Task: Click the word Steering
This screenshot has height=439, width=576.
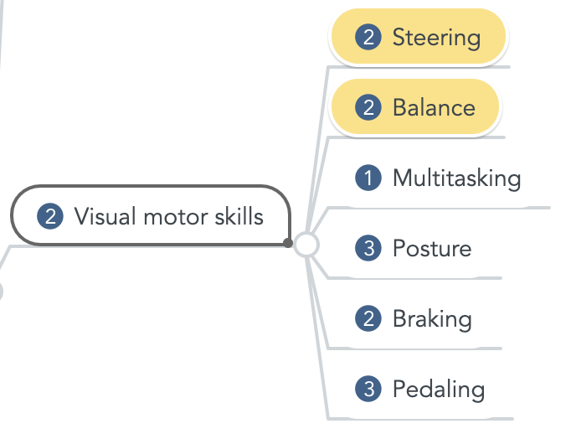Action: tap(436, 38)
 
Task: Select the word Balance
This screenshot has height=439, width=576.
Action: tap(434, 108)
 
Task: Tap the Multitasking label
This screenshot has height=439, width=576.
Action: tap(456, 178)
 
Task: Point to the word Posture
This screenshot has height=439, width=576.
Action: tap(432, 248)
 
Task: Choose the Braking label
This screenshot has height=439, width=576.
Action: tap(432, 318)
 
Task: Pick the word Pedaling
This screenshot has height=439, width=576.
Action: tap(439, 389)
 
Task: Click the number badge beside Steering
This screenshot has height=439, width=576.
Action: tap(368, 37)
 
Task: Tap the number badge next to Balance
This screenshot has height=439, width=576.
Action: tap(368, 107)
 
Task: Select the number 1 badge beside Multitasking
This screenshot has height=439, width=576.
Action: tap(368, 178)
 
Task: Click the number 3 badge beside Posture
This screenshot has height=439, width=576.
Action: tap(368, 248)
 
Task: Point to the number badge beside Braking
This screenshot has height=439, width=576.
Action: tap(368, 318)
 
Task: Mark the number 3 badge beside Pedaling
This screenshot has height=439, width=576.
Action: tap(368, 389)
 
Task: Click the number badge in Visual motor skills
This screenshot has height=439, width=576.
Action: tap(50, 216)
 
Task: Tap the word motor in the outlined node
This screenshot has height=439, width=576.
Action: tap(176, 217)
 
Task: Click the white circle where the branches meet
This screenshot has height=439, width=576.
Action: tap(306, 245)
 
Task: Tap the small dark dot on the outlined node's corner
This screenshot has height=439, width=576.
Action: tap(288, 243)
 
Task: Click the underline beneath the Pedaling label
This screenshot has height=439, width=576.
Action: tap(420, 419)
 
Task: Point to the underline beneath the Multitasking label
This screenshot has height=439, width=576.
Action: tap(439, 208)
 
